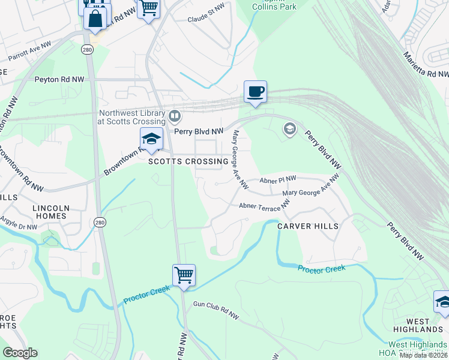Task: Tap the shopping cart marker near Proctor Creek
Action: pos(184,275)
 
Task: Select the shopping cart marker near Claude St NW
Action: pos(148,9)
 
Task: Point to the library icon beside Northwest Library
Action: pos(175,115)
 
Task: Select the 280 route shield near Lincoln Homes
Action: pos(99,222)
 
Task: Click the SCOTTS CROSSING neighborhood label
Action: pos(189,162)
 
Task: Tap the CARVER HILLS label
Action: pos(308,226)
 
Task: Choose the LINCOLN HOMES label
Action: pos(51,213)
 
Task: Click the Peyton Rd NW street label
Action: pos(59,79)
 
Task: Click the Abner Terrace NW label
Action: pos(264,205)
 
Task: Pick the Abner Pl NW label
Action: pos(278,179)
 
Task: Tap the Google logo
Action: pos(20,353)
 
